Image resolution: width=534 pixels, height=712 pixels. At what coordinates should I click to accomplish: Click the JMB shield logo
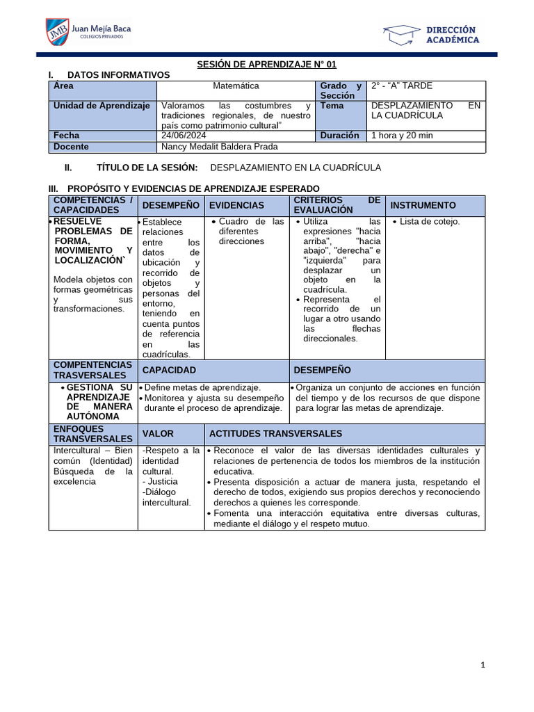(x=57, y=33)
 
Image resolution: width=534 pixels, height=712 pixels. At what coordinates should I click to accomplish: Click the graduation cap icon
(x=401, y=34)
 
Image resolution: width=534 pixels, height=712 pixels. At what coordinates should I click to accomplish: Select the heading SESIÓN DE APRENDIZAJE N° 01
(x=266, y=64)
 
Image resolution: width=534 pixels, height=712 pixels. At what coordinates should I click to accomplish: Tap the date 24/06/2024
(x=184, y=136)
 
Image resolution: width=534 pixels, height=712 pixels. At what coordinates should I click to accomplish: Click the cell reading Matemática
(x=236, y=86)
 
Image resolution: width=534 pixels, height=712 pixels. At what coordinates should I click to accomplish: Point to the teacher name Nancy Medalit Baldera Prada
(x=219, y=147)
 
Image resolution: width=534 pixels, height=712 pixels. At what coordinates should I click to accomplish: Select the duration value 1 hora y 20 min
(x=402, y=136)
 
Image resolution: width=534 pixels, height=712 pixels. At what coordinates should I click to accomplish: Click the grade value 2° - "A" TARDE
(x=402, y=86)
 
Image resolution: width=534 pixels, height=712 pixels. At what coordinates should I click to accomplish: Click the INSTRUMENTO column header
(x=423, y=205)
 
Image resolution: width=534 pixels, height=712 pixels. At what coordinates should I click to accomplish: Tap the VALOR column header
(x=158, y=433)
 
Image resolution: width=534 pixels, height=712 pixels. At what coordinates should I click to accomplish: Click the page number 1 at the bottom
(x=483, y=665)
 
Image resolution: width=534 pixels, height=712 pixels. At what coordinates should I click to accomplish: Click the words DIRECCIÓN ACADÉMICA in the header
(x=451, y=35)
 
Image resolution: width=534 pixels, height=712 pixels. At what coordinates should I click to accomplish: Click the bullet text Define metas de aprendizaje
(x=202, y=387)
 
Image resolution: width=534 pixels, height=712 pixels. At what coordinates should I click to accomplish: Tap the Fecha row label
(x=66, y=136)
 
